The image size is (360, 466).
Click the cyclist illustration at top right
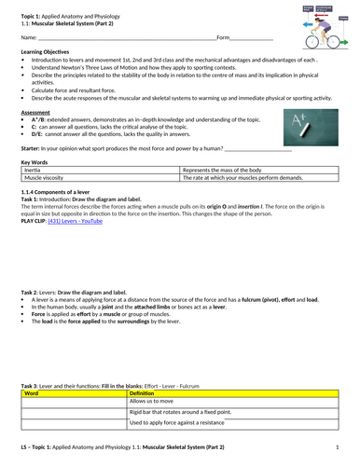pos(325,23)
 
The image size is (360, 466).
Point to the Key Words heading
pos(34,161)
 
